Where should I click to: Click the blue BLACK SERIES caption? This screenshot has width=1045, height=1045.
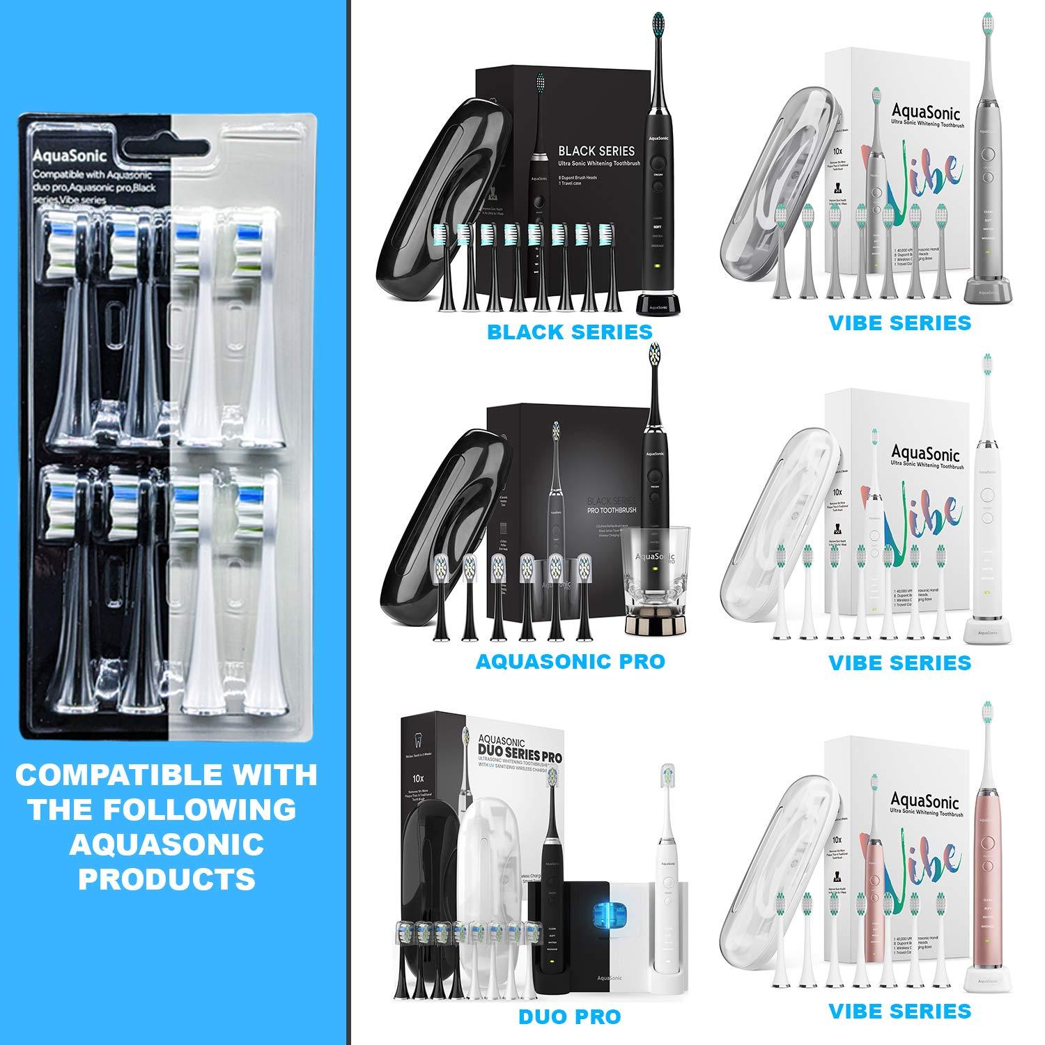(569, 332)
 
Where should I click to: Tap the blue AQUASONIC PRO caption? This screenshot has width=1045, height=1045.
(570, 661)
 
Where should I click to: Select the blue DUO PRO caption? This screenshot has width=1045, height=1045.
(569, 1016)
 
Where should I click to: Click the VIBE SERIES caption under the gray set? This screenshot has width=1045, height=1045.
(899, 323)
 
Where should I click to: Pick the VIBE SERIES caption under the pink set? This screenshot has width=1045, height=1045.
(899, 1011)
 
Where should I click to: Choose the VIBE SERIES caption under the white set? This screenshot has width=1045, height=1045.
(899, 663)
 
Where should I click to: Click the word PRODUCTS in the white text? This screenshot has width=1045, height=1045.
(167, 880)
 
